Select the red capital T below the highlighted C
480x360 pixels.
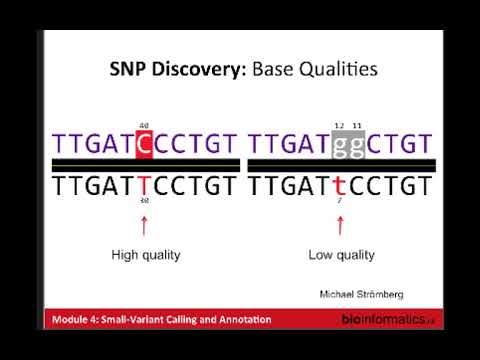pyautogui.click(x=144, y=186)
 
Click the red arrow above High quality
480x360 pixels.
pyautogui.click(x=144, y=225)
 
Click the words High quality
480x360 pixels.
pyautogui.click(x=146, y=255)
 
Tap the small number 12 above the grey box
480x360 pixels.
pyautogui.click(x=339, y=124)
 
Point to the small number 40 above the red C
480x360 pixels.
pyautogui.click(x=144, y=124)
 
